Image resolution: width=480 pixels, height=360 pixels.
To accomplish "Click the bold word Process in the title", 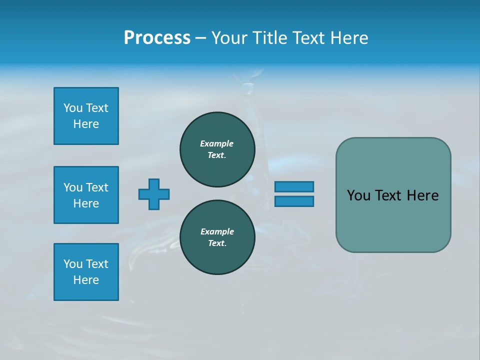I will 157,38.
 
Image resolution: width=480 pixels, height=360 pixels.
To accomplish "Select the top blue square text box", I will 86,116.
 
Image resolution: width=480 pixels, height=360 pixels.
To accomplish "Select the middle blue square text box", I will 86,195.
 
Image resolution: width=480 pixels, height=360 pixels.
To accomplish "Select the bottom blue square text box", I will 86,272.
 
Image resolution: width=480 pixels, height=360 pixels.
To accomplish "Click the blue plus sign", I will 154,194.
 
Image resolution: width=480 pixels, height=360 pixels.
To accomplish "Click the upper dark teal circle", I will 217,149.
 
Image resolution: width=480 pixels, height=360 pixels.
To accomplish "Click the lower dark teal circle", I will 217,237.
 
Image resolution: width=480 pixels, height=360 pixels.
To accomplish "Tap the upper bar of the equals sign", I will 294,186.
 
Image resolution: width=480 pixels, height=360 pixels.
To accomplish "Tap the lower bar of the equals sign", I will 294,201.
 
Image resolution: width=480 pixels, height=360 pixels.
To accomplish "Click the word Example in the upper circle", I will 217,143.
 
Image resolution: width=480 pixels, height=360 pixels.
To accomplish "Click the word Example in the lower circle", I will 217,231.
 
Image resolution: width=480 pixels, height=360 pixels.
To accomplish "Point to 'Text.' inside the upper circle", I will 217,155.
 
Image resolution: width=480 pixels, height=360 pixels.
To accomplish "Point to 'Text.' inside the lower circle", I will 217,243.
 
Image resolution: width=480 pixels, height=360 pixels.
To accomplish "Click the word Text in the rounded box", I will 390,195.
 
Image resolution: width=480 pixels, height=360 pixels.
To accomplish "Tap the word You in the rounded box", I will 358,195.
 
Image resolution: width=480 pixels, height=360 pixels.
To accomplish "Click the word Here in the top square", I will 86,124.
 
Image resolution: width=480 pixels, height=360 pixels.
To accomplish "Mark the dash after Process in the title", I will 200,38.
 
